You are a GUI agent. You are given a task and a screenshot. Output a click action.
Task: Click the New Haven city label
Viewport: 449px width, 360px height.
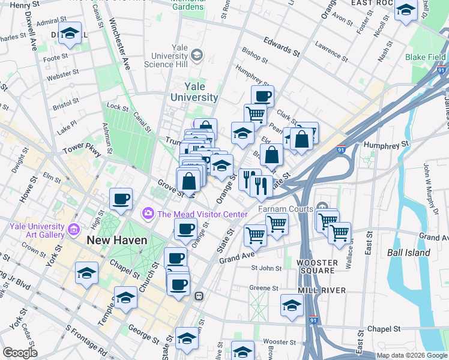(x=116, y=240)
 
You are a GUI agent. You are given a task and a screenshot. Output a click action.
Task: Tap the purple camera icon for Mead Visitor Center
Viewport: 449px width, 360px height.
(x=147, y=214)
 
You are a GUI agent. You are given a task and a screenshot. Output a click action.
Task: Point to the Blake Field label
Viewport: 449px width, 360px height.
(x=425, y=57)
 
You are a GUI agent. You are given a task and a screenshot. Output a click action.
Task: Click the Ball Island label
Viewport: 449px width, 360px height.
(x=408, y=253)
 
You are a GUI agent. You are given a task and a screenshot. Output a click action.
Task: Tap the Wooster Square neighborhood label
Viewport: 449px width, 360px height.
(x=318, y=265)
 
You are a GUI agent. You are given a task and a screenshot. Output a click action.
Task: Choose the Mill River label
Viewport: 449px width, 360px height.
(x=324, y=290)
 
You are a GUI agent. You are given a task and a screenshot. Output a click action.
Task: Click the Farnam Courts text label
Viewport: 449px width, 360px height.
(x=286, y=209)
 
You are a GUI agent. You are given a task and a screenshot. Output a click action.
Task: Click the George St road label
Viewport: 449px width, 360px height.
(x=143, y=331)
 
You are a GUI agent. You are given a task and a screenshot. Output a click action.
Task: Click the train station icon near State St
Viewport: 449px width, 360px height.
(x=199, y=296)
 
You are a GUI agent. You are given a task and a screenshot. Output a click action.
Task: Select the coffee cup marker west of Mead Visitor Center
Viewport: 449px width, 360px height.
(x=120, y=199)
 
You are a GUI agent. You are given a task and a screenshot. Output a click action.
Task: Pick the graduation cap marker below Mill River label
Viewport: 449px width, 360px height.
(x=292, y=305)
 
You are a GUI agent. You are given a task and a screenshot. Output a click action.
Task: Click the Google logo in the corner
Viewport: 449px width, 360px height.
(x=20, y=352)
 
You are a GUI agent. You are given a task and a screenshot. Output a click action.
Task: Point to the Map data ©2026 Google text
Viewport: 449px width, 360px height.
(x=411, y=355)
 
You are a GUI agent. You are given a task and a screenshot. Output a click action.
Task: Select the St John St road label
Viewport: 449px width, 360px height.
(x=267, y=268)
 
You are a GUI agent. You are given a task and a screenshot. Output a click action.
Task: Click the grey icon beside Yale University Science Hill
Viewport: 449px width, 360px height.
(x=197, y=56)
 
